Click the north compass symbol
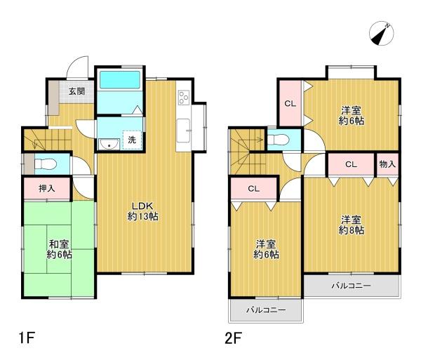(385, 32)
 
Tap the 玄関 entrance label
(76, 91)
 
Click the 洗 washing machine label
(132, 140)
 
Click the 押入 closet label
(46, 188)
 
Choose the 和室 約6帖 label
(59, 248)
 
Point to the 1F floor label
(27, 338)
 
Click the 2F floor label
(234, 338)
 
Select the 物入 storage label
(387, 164)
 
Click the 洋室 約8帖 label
(352, 225)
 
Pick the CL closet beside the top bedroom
(289, 104)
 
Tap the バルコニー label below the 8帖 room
(351, 286)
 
